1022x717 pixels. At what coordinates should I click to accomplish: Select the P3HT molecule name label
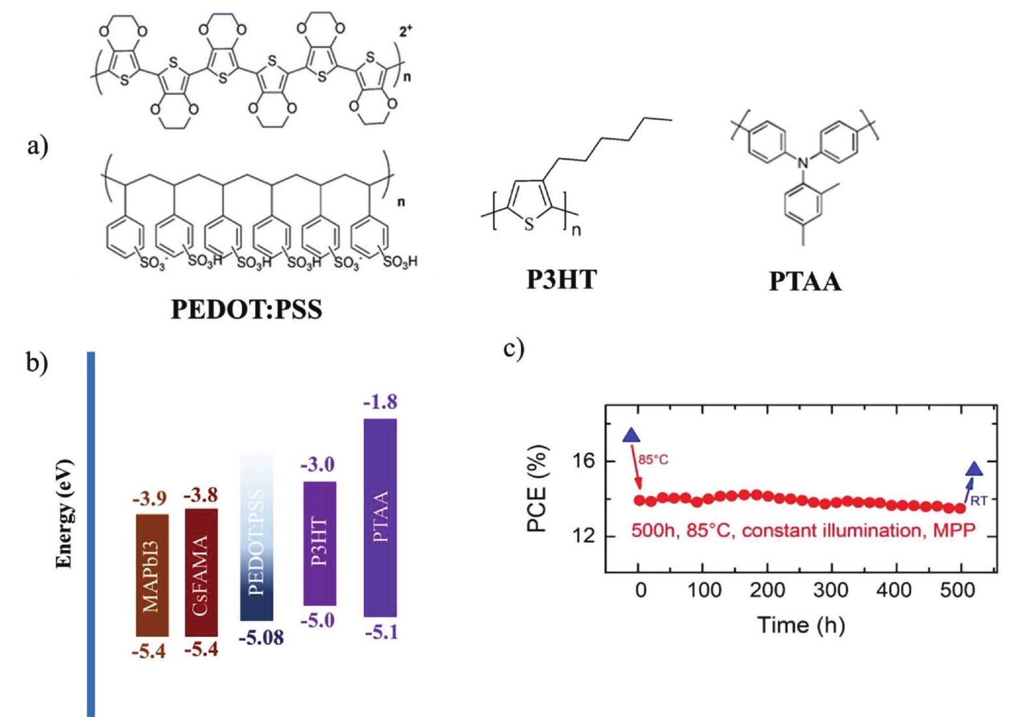click(x=561, y=280)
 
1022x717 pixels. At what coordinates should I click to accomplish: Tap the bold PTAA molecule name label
click(x=805, y=282)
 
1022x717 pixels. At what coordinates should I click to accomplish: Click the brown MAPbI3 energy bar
click(x=152, y=575)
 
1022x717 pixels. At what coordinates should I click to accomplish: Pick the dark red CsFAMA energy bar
click(x=201, y=572)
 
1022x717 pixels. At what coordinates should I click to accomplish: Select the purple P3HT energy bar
click(x=320, y=543)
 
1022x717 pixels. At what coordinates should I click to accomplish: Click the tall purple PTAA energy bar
click(x=380, y=517)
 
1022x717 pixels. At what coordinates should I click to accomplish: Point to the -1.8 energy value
click(x=380, y=402)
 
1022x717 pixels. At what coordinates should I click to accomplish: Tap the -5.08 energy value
click(x=261, y=637)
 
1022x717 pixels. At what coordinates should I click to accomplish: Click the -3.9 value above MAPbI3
click(x=149, y=499)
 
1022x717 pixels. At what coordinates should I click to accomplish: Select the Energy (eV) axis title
click(x=64, y=515)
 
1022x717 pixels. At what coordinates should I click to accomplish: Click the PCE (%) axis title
click(x=536, y=489)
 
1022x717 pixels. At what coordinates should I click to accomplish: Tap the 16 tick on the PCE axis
click(x=584, y=461)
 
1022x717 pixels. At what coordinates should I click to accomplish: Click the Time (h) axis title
click(x=800, y=625)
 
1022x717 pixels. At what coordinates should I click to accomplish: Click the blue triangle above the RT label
click(x=974, y=469)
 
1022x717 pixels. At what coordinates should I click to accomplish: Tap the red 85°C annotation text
click(x=653, y=460)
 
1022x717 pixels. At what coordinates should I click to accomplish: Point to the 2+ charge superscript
click(x=406, y=31)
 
